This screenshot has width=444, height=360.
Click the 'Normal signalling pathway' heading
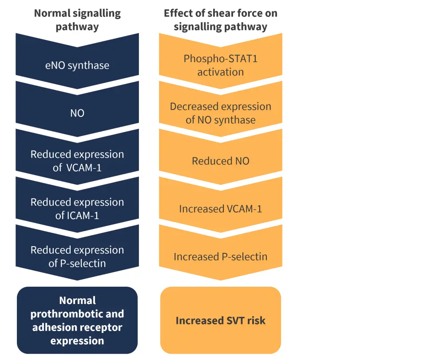click(x=77, y=20)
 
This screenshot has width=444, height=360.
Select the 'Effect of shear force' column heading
click(x=220, y=20)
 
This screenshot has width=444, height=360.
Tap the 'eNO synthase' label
click(x=77, y=65)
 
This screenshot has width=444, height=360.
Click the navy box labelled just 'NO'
click(x=77, y=113)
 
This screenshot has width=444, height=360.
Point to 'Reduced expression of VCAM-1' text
click(x=77, y=161)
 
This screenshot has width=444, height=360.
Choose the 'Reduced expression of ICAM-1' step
click(x=77, y=208)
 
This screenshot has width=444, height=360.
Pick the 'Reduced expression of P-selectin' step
click(x=77, y=256)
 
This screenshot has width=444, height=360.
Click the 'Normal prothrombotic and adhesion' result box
click(x=77, y=320)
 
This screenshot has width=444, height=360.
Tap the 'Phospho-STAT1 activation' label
click(x=220, y=65)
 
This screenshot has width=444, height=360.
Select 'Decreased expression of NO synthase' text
click(x=220, y=113)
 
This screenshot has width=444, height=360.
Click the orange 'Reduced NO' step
click(x=220, y=161)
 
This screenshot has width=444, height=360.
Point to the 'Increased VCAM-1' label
click(x=220, y=208)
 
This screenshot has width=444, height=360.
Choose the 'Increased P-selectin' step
click(x=220, y=256)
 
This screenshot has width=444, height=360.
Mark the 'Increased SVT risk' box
click(x=220, y=320)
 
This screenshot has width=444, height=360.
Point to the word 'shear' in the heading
click(x=224, y=13)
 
